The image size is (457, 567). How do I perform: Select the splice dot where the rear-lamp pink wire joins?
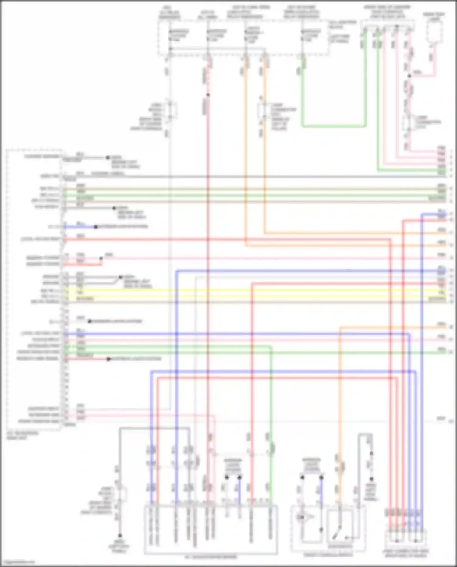[x=409, y=76]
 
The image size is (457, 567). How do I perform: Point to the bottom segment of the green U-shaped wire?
[x=334, y=126]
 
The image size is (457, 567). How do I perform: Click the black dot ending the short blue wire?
[x=96, y=227]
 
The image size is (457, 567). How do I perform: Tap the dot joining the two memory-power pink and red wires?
[x=101, y=258]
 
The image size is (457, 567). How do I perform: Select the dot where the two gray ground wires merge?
[x=120, y=277]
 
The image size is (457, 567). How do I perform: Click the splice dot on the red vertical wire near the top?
[x=208, y=95]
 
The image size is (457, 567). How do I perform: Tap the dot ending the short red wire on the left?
[x=108, y=359]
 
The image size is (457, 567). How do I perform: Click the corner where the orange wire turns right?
[x=264, y=233]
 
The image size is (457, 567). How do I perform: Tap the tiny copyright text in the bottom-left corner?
[x=17, y=562]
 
